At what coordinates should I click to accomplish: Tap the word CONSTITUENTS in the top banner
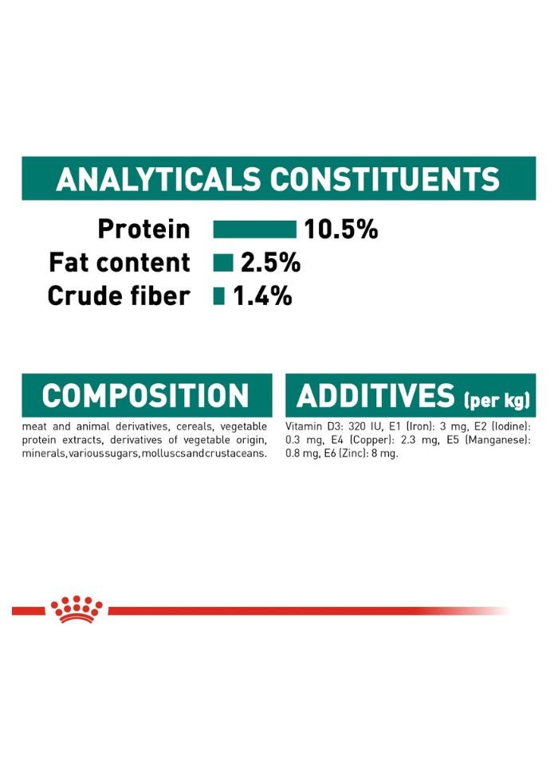coord(385,180)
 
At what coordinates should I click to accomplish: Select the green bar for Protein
coord(254,230)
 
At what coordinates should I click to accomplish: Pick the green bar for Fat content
coord(223,263)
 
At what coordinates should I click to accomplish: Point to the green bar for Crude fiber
coord(219,296)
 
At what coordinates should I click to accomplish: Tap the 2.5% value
coord(270,263)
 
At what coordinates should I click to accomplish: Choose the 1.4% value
coord(262,296)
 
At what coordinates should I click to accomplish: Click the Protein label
coord(143,230)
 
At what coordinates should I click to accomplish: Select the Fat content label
coord(120,263)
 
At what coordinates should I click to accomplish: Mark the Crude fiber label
coord(119,296)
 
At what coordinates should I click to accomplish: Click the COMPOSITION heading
coord(145,396)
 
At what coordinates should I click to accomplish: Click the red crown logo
coord(77,609)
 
